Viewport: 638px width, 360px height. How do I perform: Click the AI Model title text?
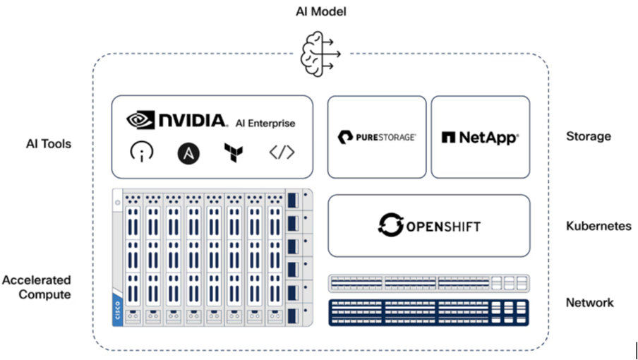pyautogui.click(x=321, y=11)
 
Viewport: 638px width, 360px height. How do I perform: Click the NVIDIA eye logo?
pyautogui.click(x=140, y=120)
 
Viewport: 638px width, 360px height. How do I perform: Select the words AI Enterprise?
pyautogui.click(x=265, y=124)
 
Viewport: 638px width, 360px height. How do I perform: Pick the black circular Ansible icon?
pyautogui.click(x=188, y=152)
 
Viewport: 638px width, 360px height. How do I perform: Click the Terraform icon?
pyautogui.click(x=233, y=152)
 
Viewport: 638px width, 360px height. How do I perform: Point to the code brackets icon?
pyautogui.click(x=282, y=152)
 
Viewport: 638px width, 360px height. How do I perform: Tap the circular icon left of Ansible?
pyautogui.click(x=142, y=152)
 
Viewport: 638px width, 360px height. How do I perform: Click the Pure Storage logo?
pyautogui.click(x=377, y=137)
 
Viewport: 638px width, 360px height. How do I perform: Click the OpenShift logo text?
pyautogui.click(x=443, y=227)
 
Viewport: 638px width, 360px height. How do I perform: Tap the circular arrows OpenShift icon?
pyautogui.click(x=390, y=225)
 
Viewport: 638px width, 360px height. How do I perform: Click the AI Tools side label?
pyautogui.click(x=48, y=144)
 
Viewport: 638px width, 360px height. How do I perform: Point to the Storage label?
pyautogui.click(x=588, y=136)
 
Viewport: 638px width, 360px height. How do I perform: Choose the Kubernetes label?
pyautogui.click(x=598, y=226)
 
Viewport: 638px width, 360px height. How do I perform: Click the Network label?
pyautogui.click(x=589, y=303)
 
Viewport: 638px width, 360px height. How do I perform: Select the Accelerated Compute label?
pyautogui.click(x=36, y=287)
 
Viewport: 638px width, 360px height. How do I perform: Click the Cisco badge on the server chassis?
pyautogui.click(x=116, y=311)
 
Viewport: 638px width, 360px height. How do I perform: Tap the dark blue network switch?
pyautogui.click(x=428, y=312)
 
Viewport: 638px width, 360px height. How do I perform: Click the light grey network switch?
pyautogui.click(x=428, y=283)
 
